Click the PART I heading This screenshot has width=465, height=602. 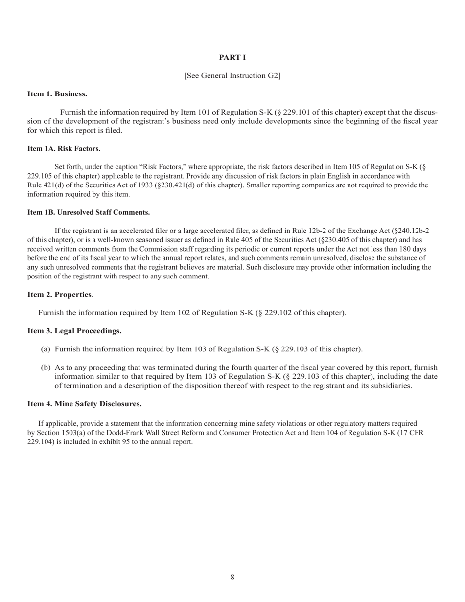[x=232, y=58]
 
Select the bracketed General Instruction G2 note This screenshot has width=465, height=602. [x=232, y=76]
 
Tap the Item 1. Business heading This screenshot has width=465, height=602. [x=57, y=93]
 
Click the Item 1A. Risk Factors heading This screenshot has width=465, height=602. [x=64, y=148]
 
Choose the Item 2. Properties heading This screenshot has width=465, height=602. [x=59, y=294]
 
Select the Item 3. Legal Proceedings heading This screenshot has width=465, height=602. [x=74, y=331]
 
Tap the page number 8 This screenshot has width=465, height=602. [x=232, y=578]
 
